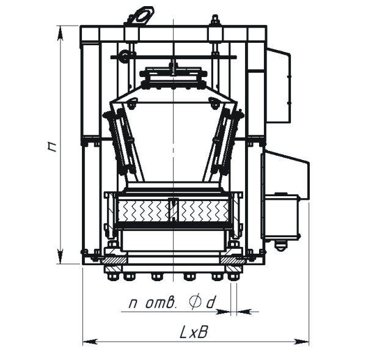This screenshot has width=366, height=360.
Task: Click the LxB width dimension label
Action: pyautogui.click(x=194, y=332)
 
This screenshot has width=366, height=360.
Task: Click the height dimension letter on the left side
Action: pyautogui.click(x=53, y=147)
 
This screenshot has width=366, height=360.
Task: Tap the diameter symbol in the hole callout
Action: pyautogui.click(x=194, y=303)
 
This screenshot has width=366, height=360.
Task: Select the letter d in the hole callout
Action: pyautogui.click(x=210, y=303)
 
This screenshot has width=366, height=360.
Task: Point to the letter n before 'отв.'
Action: pyautogui.click(x=133, y=304)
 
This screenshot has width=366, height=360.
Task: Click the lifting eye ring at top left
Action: pyautogui.click(x=141, y=16)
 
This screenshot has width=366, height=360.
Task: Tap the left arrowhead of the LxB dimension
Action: pyautogui.click(x=90, y=342)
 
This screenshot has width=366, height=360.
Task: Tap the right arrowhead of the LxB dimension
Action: pyautogui.click(x=302, y=342)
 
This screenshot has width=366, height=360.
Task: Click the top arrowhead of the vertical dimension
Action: pyautogui.click(x=60, y=33)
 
